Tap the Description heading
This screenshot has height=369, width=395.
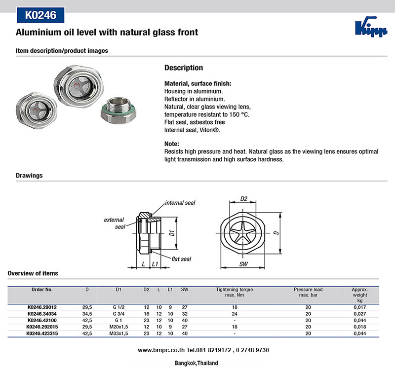(183, 68)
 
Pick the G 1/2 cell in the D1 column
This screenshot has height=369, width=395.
(118, 307)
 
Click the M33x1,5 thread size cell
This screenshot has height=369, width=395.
(118, 333)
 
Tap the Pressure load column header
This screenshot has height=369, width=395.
(308, 292)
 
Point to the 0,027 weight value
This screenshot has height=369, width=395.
(359, 313)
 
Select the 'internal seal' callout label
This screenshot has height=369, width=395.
(180, 203)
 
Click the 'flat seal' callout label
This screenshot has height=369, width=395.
(181, 258)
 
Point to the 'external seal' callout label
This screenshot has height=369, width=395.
(114, 223)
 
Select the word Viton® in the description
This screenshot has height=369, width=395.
(207, 130)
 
